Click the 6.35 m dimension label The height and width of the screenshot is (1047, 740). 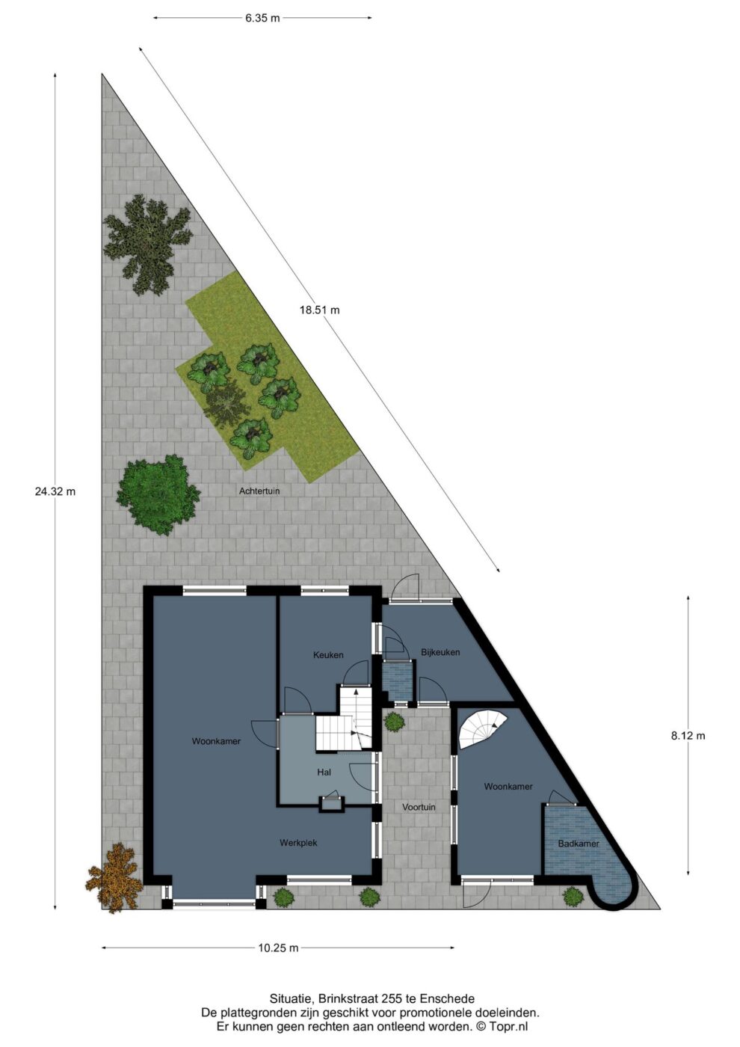coord(262,18)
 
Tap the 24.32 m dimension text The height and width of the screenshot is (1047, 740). coord(55,491)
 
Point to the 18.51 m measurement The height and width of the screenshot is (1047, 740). coord(320,310)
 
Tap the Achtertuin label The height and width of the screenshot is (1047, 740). coord(259,491)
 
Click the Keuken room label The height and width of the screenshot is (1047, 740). coord(328,655)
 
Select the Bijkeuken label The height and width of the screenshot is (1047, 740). coord(440,652)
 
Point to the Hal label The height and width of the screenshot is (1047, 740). coord(324,772)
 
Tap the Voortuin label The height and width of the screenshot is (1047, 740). coord(419,807)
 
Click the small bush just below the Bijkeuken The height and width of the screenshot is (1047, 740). coord(395,721)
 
